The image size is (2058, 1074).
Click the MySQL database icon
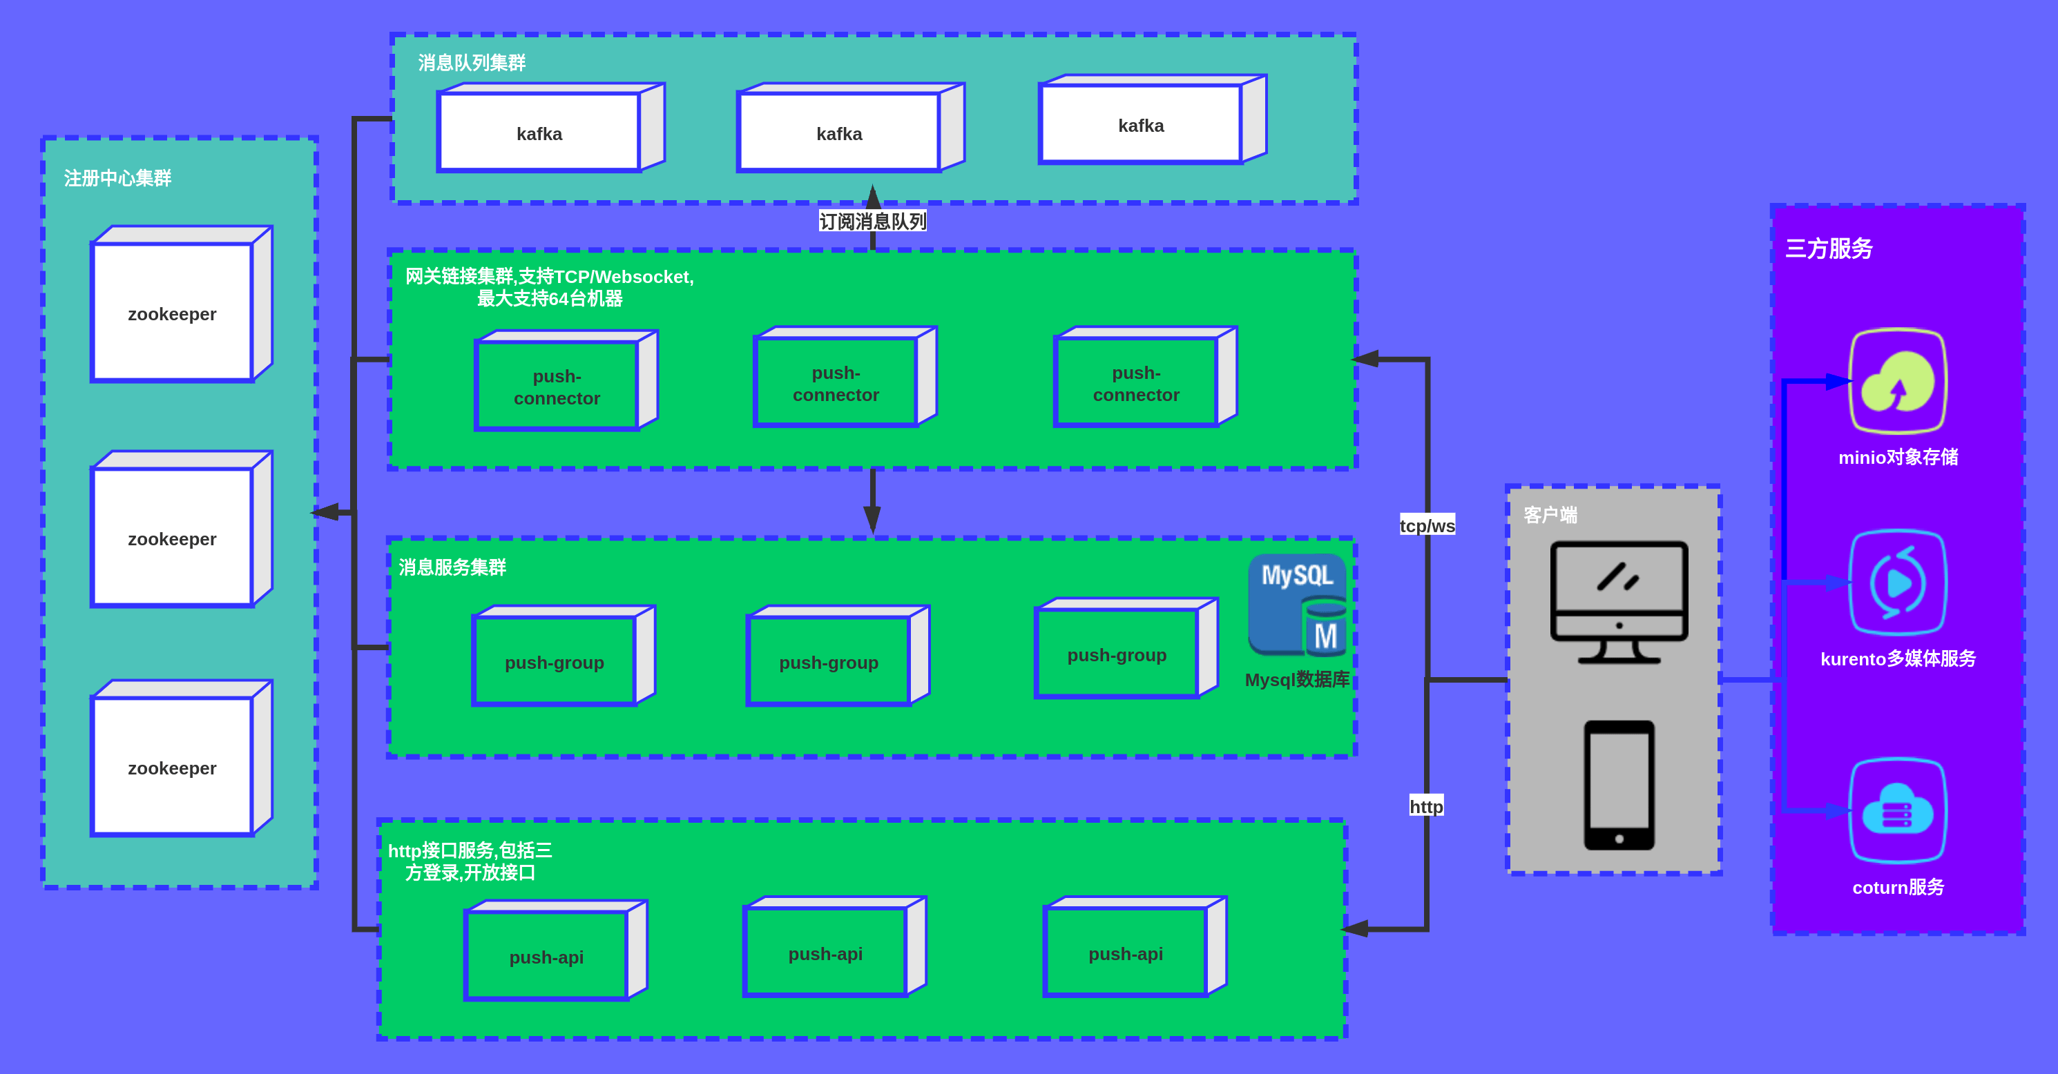[x=1297, y=605]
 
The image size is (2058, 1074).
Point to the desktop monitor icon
[x=1619, y=602]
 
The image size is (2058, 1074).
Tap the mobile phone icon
[x=1619, y=785]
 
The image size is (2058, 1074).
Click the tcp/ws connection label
[x=1427, y=525]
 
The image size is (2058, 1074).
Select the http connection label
[x=1426, y=806]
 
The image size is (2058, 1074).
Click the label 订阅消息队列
[x=872, y=221]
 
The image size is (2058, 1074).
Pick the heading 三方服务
[x=1829, y=248]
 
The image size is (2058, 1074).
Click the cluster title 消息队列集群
[x=472, y=63]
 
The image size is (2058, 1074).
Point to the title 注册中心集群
[x=117, y=178]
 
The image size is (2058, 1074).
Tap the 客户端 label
[x=1550, y=515]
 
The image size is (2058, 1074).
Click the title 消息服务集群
[x=452, y=567]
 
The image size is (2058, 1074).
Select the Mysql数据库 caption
[x=1297, y=680]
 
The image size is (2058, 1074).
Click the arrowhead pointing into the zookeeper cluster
[x=325, y=512]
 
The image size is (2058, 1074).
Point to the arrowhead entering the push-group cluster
[x=872, y=520]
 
